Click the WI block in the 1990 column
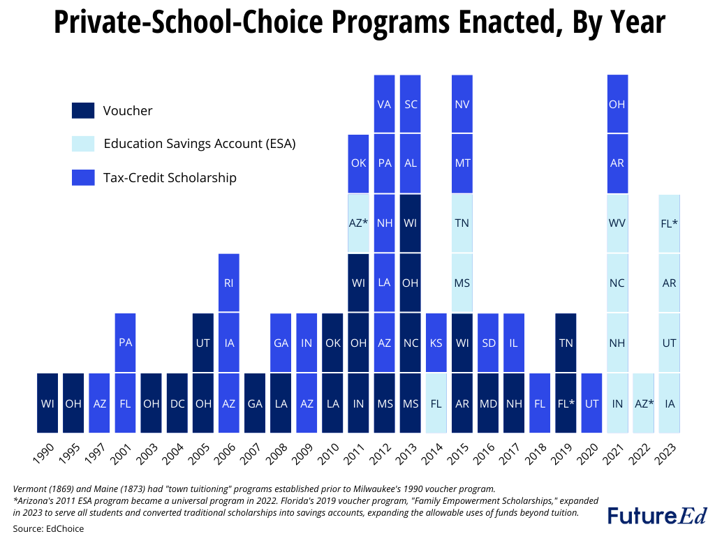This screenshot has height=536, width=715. [47, 403]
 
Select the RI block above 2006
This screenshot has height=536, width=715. [229, 283]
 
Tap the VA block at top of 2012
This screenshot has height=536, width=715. [384, 104]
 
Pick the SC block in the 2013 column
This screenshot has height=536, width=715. [411, 104]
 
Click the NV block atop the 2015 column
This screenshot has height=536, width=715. [462, 104]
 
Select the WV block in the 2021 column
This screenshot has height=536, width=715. [617, 223]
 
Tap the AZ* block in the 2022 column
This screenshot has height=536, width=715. [643, 403]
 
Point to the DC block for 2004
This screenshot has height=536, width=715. [177, 403]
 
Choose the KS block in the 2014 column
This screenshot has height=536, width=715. [436, 343]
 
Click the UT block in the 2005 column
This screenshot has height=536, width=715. [203, 343]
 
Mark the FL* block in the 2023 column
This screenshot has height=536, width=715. [669, 223]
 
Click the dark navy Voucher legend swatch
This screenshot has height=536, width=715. [82, 111]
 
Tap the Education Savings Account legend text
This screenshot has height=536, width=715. [200, 144]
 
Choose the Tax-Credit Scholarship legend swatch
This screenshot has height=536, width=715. [82, 178]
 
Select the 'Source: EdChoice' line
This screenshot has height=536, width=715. [48, 528]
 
